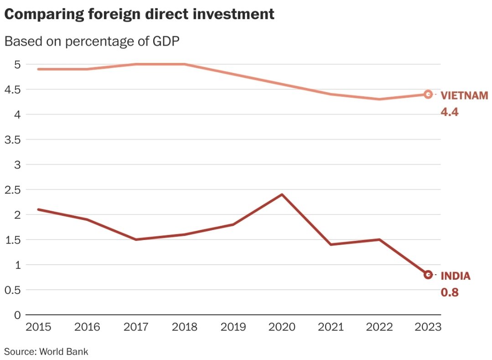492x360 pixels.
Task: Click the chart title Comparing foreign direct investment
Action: click(139, 14)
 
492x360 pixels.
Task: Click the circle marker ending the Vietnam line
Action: click(428, 94)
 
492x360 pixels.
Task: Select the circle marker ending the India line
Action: click(428, 275)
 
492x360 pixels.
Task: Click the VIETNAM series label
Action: click(464, 96)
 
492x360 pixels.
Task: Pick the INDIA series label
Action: click(455, 276)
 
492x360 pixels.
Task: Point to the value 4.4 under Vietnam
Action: click(449, 112)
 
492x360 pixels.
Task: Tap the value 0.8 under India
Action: click(449, 292)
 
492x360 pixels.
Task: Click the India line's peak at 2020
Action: click(282, 195)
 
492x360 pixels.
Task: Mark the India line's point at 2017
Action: click(136, 240)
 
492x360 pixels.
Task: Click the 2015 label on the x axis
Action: click(38, 327)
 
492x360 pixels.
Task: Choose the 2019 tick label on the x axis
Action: click(233, 327)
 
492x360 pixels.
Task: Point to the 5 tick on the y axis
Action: click(17, 64)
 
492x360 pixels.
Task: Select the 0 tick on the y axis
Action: click(17, 315)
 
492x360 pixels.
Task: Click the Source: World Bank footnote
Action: click(46, 352)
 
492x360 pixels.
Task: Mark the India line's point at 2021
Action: click(331, 245)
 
